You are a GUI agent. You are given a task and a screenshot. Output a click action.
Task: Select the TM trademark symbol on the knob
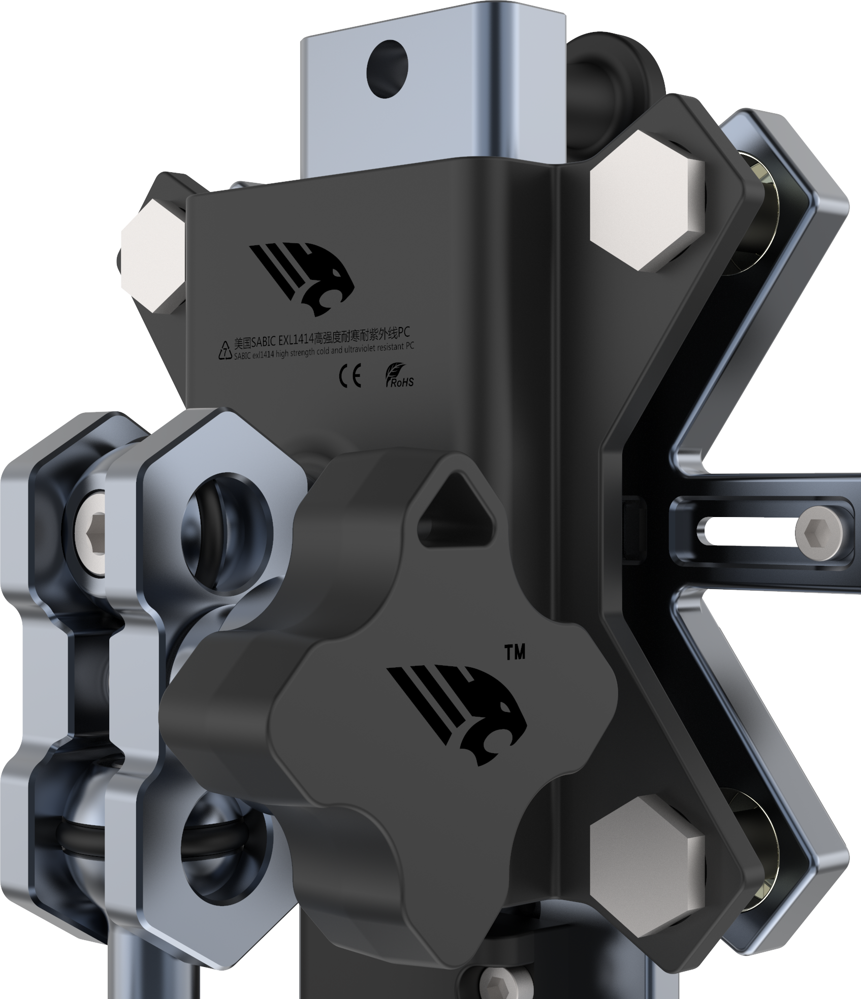[515, 653]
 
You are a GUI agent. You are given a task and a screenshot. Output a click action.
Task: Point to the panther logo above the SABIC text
[301, 277]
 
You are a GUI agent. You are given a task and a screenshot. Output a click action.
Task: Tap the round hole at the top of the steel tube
[387, 70]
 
